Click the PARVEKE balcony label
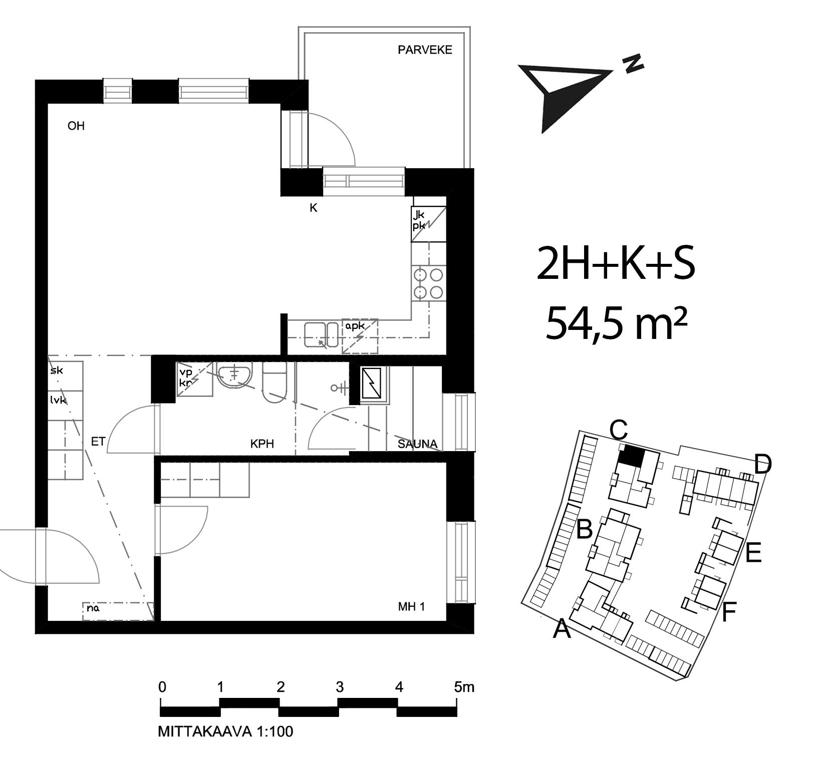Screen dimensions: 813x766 coord(425,50)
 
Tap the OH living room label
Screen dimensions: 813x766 coord(76,126)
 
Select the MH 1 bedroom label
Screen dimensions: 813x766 coord(411,607)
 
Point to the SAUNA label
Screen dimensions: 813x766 coord(417,444)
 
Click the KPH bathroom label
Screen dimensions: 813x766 coord(262,444)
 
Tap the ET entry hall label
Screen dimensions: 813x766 coord(98,442)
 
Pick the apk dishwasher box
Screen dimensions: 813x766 coord(360,336)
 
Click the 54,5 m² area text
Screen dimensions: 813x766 coord(616,324)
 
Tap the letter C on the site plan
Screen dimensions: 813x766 coord(619,430)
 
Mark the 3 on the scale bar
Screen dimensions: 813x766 coord(340,687)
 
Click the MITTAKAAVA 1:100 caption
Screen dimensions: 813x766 coord(225,731)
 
